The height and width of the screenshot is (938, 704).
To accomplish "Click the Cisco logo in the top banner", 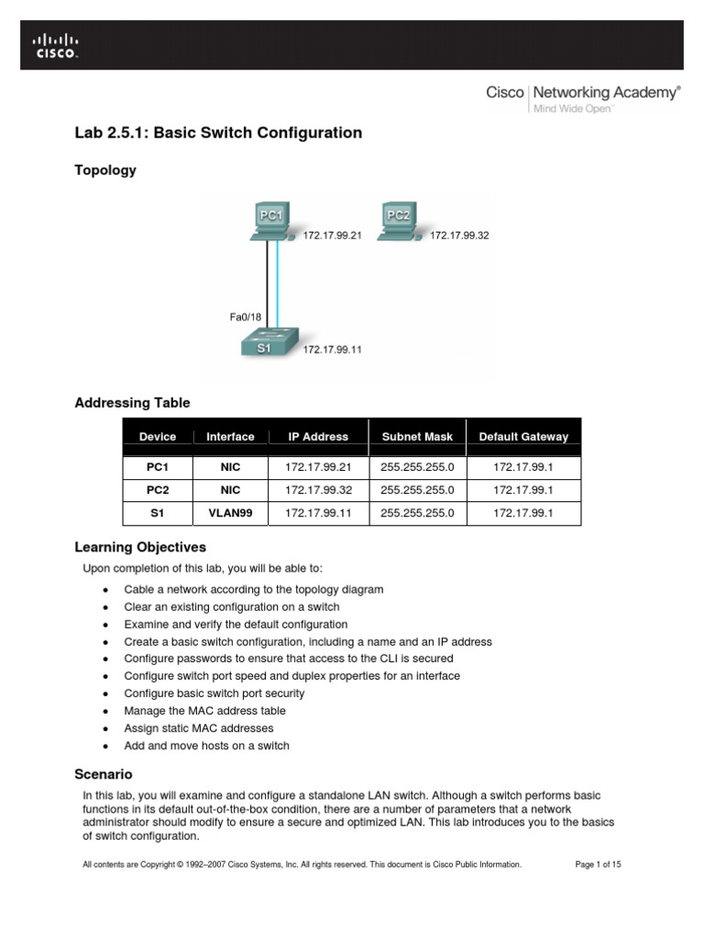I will (57, 45).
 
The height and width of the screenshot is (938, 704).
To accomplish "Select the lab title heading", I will (218, 133).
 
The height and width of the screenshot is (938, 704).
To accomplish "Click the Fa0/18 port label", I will (247, 317).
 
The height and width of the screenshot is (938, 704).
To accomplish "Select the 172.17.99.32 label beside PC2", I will (459, 235).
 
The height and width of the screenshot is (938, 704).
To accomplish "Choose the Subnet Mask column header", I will (417, 437).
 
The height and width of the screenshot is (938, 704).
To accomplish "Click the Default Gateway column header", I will (523, 437).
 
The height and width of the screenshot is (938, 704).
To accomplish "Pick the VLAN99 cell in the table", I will (230, 513).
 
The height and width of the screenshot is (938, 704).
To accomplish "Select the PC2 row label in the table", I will (158, 490).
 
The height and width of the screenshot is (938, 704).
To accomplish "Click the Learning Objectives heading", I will (140, 548).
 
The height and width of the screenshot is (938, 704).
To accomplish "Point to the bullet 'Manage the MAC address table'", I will (204, 711).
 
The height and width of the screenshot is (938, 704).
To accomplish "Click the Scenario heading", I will (104, 774).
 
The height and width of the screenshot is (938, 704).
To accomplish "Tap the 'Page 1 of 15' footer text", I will (598, 864).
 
